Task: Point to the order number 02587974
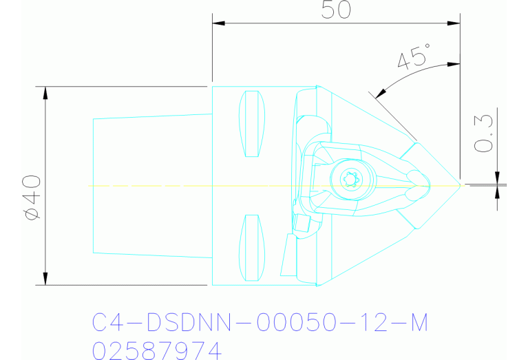click(158, 350)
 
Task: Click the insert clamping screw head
click(350, 180)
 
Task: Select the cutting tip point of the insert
click(460, 184)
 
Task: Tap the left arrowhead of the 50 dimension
click(218, 23)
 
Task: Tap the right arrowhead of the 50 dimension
click(454, 23)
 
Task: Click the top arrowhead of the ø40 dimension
click(45, 93)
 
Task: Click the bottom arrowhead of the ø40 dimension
click(45, 277)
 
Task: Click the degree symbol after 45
click(428, 46)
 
